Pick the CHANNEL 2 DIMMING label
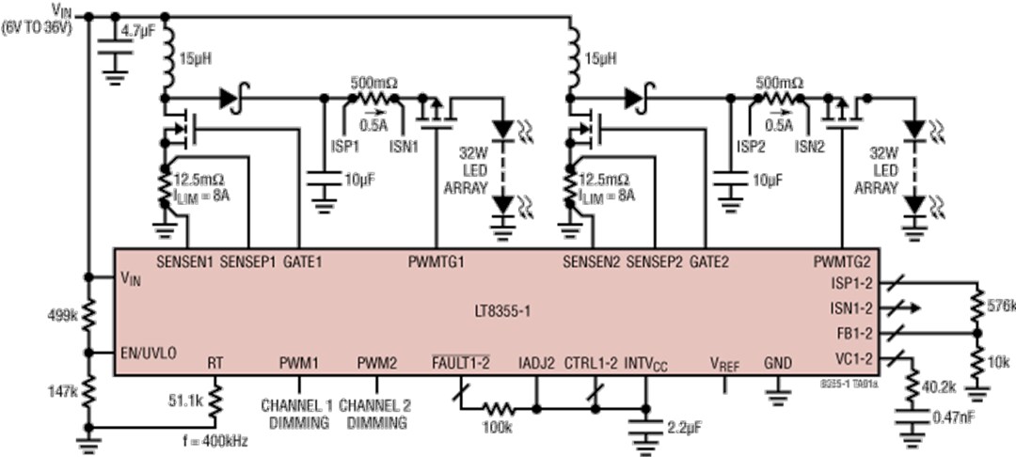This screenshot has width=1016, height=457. coord(375,414)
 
